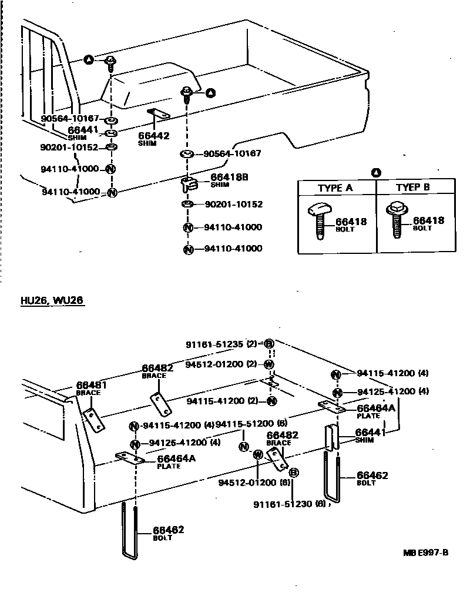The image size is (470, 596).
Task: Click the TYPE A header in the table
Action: (335, 188)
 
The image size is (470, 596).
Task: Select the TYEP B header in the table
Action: (413, 187)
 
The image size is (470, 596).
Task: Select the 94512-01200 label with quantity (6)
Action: (247, 483)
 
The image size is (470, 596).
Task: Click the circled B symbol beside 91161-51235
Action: (268, 344)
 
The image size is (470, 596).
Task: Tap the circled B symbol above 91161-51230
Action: (294, 472)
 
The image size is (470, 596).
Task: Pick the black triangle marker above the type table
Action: (376, 173)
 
